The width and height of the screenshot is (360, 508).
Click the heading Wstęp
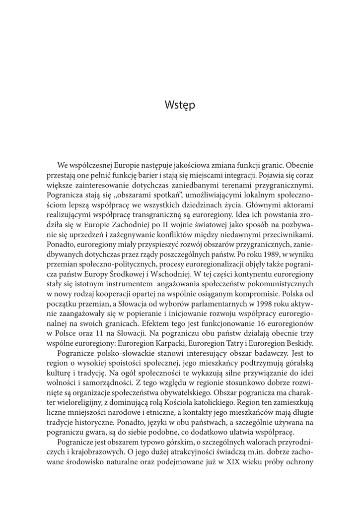(x=180, y=106)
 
